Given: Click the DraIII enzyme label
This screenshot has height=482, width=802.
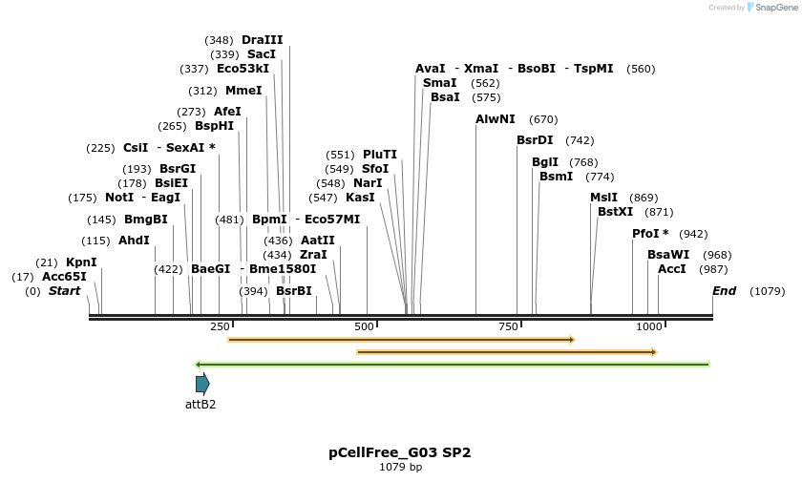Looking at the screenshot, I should pos(263,40).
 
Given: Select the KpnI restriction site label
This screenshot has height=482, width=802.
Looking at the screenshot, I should pos(81,262).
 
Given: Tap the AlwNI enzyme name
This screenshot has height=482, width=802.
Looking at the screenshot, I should pos(496,119).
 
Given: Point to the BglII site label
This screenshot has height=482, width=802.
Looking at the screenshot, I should pos(545,162).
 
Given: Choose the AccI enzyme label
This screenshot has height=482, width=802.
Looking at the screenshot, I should pos(672,269).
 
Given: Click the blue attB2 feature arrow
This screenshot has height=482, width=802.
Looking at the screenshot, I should pos(202,384).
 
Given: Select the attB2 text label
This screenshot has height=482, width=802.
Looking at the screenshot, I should pos(200,405).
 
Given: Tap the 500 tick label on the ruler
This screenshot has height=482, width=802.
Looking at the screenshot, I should pos(364,326).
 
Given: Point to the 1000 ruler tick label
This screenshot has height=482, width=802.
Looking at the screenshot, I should pos(649,326).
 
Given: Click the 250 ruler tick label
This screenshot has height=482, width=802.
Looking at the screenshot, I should pos(221,326).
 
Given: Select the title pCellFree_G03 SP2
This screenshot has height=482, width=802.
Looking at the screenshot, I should pos(400,452).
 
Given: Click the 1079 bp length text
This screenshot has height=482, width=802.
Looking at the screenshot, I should pos(400,467).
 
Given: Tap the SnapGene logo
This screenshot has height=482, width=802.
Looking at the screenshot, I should pos(772,8).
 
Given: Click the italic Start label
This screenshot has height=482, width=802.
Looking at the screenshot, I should pos(64,291).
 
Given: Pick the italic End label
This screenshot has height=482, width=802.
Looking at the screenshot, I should pos(725,291).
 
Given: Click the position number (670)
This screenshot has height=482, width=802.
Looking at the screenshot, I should pos(543,119).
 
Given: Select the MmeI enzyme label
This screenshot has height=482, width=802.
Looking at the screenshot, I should pos(243,91).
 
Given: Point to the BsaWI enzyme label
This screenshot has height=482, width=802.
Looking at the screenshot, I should pos(668,255).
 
